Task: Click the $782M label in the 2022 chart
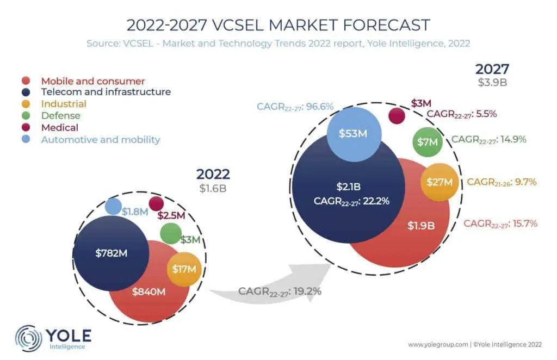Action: (x=111, y=253)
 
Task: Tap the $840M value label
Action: (x=148, y=292)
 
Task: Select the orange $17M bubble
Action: (x=184, y=269)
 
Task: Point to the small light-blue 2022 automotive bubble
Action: (x=113, y=206)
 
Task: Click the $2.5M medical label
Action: (x=171, y=215)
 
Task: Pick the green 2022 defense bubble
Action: (x=171, y=234)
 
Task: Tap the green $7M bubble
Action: (x=428, y=142)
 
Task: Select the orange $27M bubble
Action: (x=440, y=182)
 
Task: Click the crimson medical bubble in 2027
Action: (x=397, y=116)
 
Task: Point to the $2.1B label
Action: (x=349, y=187)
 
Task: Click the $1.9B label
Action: (x=421, y=226)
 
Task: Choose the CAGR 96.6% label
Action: (x=295, y=107)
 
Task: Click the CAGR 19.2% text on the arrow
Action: (x=280, y=291)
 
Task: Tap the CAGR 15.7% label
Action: (x=500, y=224)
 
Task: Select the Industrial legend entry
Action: (x=64, y=104)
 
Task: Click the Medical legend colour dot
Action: (x=26, y=127)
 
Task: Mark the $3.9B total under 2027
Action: (x=492, y=83)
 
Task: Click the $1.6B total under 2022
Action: (x=213, y=188)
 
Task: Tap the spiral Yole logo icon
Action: (x=28, y=338)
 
